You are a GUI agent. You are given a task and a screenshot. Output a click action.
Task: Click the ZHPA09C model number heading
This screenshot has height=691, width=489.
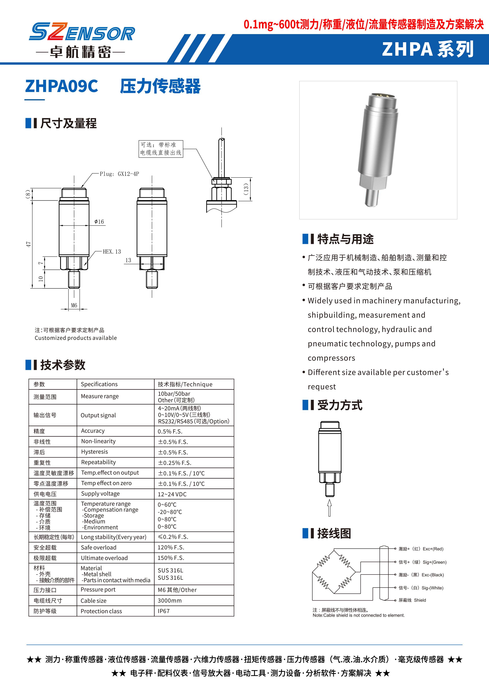tap(62, 86)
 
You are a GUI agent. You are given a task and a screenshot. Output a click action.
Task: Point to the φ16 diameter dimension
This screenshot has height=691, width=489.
tap(99, 222)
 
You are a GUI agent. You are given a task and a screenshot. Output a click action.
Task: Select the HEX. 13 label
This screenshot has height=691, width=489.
tap(112, 252)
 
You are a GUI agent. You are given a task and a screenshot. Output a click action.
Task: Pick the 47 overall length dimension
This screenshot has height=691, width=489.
tap(29, 244)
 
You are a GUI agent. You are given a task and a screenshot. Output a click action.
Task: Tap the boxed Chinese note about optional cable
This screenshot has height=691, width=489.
tap(161, 149)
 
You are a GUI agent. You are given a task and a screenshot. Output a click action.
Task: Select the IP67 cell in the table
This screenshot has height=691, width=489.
tap(163, 611)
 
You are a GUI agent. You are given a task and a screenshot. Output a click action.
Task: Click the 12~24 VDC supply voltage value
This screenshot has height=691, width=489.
tap(172, 494)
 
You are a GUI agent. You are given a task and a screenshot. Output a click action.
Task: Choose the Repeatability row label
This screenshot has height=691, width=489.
tap(98, 462)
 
